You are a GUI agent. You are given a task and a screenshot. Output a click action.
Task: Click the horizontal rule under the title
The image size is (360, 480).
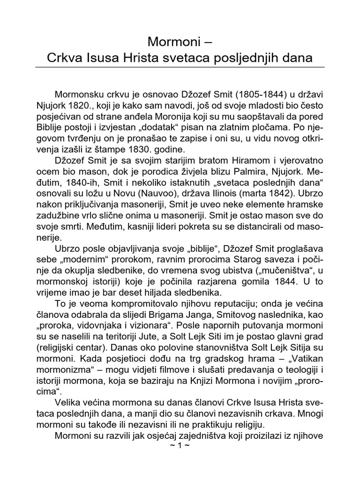coord(180,67)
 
